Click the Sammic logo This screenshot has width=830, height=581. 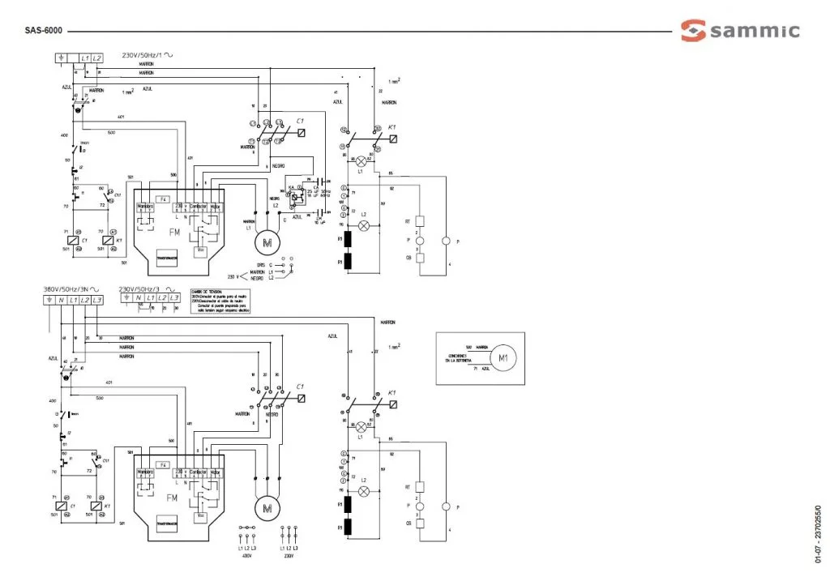(x=740, y=32)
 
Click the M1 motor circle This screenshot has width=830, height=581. (x=503, y=357)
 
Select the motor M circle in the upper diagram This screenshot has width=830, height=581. (x=267, y=241)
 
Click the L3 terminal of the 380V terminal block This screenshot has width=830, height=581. (x=96, y=301)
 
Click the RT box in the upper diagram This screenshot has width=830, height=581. (x=420, y=220)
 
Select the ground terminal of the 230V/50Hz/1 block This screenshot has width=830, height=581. (x=62, y=58)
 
